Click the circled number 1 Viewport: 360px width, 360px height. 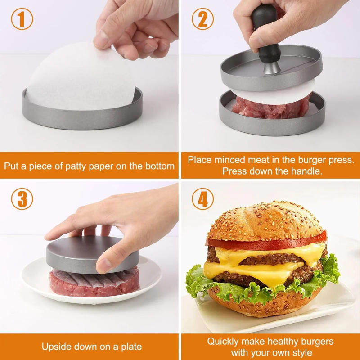(x=22, y=20)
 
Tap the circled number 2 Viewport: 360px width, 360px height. (x=202, y=20)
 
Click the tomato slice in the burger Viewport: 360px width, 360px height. (x=265, y=243)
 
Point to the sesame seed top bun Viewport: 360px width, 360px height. (x=265, y=220)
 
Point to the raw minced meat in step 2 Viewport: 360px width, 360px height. (x=270, y=108)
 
